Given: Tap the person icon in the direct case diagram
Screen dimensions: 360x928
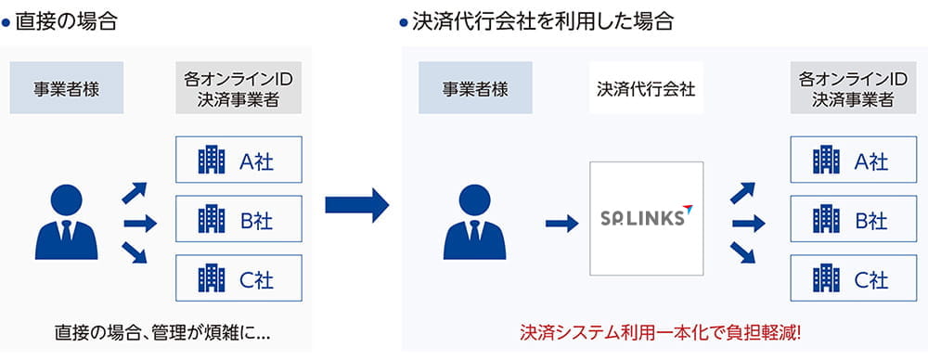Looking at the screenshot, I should (x=67, y=223).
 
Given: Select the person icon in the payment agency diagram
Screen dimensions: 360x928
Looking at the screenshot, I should (x=475, y=223).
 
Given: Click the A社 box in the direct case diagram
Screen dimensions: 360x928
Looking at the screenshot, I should (x=238, y=161).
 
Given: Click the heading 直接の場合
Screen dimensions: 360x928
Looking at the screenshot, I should (x=64, y=21).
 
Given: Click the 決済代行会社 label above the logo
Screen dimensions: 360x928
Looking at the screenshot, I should (x=646, y=89).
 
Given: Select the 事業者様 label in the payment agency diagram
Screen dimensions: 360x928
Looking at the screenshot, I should (x=475, y=89).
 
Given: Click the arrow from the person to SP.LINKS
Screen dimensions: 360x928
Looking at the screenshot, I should (x=561, y=223).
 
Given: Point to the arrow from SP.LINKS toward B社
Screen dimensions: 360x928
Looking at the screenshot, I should (x=748, y=223).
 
